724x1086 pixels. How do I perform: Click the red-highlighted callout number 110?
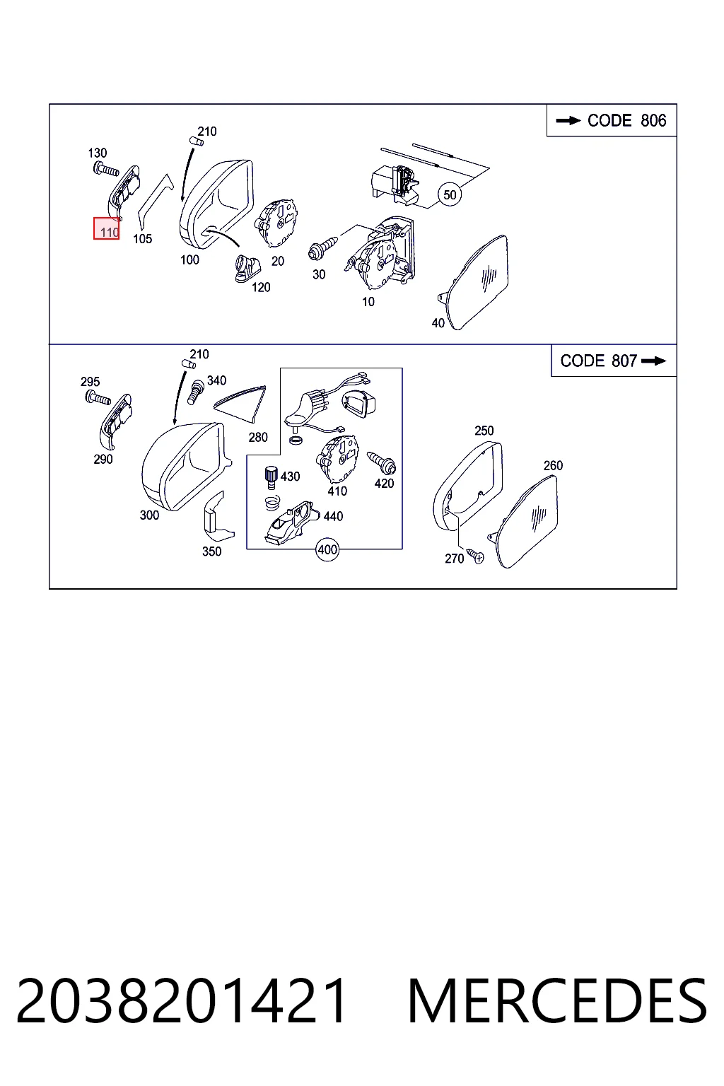click(x=106, y=228)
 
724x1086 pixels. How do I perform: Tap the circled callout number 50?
click(x=450, y=195)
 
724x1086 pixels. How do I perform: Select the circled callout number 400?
click(x=327, y=550)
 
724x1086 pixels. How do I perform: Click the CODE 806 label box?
click(x=612, y=120)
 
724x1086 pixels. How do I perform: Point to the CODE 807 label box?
click(x=614, y=361)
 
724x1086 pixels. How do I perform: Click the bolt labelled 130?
click(x=106, y=170)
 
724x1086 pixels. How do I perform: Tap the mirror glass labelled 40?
click(x=474, y=283)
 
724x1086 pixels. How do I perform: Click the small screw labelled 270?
click(x=475, y=556)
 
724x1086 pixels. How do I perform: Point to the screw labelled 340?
click(x=197, y=392)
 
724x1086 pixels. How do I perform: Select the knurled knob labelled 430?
click(x=271, y=477)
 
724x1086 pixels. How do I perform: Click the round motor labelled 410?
click(x=337, y=459)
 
